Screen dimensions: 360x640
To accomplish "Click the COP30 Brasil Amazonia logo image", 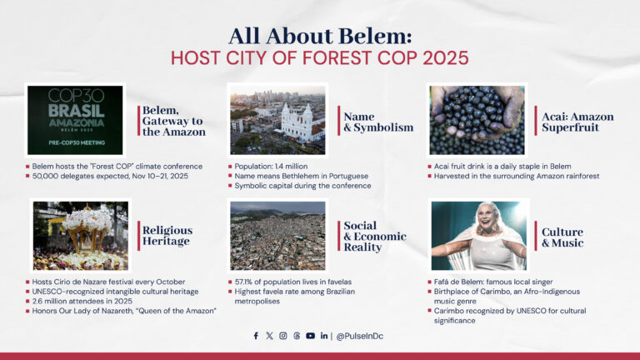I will click(75, 121).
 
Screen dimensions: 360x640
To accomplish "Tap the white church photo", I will click(278, 121).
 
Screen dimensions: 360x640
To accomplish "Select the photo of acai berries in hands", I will click(477, 121).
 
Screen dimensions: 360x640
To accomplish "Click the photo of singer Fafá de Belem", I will click(477, 236).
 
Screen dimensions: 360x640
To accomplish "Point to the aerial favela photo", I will click(278, 236).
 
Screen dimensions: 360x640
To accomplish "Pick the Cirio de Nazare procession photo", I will click(81, 236).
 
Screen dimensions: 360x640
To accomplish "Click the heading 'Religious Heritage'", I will click(167, 236).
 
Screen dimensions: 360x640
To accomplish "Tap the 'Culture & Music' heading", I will click(562, 237).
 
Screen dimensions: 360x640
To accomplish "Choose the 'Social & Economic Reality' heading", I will click(374, 237).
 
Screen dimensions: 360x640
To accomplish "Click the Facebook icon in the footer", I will click(256, 336).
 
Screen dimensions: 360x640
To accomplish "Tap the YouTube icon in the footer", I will click(310, 336).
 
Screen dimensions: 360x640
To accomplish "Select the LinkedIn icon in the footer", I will click(323, 336).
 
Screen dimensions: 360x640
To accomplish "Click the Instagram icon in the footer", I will click(283, 336).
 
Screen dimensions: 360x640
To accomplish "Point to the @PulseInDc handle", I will click(359, 336).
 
